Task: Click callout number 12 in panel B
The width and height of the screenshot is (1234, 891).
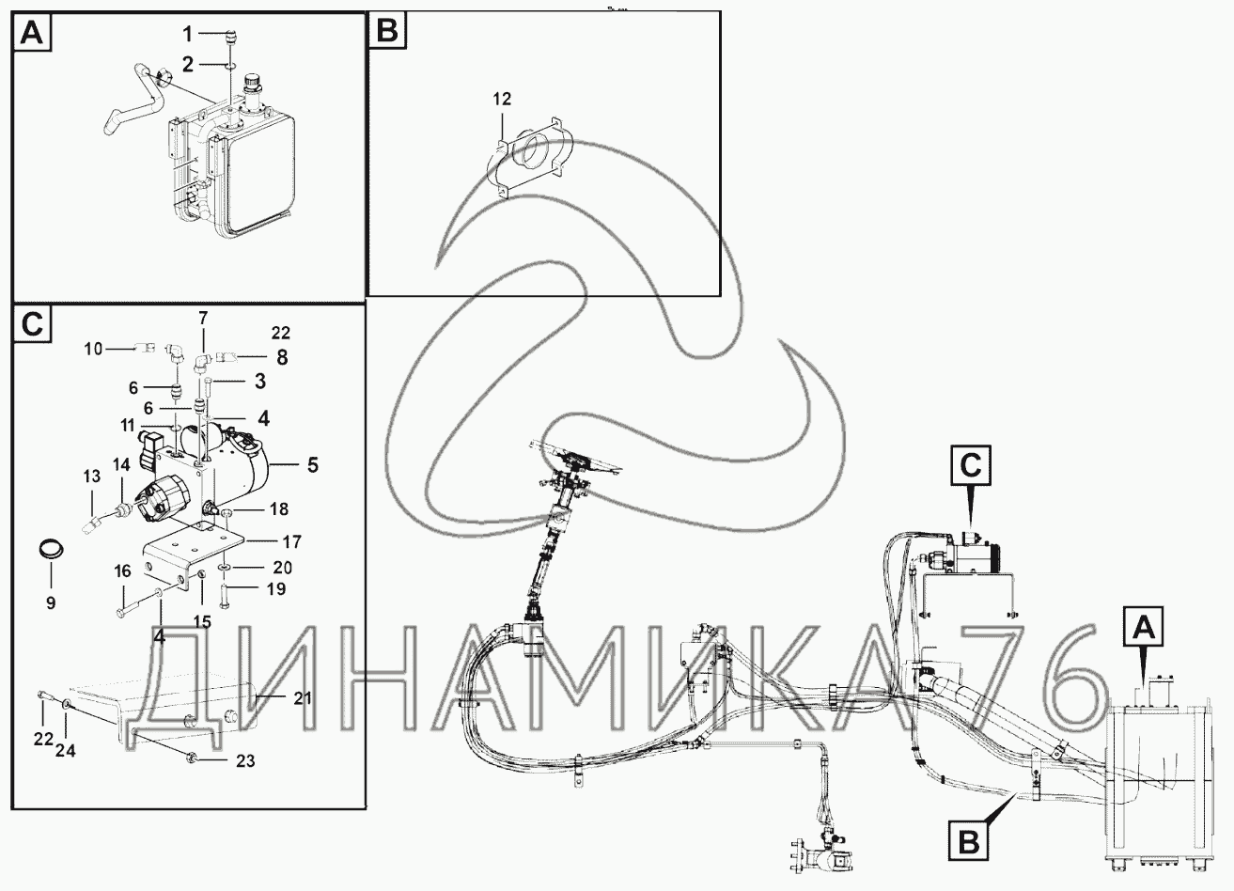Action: coord(502,100)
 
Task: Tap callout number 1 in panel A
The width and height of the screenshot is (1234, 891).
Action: coord(187,34)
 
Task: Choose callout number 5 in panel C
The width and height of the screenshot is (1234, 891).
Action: coord(312,465)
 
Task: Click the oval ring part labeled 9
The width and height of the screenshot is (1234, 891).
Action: coord(52,550)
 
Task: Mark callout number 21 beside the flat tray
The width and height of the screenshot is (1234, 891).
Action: coord(303,698)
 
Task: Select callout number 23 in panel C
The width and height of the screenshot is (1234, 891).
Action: coord(245,761)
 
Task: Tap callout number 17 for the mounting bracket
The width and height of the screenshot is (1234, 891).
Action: coord(292,542)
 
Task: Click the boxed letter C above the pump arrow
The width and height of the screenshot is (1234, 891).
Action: coord(971,465)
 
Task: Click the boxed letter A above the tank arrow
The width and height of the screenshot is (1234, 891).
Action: coord(1143,627)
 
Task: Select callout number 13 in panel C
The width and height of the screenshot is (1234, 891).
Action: coord(92,477)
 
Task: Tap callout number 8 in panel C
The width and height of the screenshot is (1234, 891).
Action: coord(282,357)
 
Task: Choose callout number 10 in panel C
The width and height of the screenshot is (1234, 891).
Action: coord(93,349)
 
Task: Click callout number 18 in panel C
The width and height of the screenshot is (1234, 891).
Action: coord(279,509)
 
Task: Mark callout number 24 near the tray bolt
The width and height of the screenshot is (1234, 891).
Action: coord(66,751)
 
